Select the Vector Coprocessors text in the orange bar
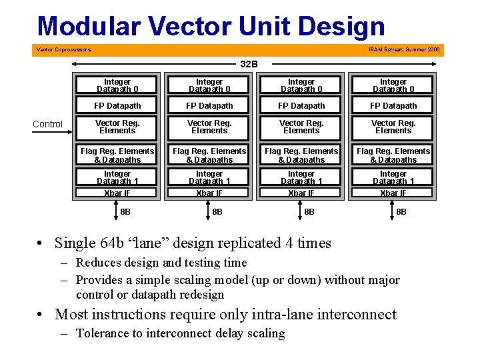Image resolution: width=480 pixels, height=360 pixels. [x=64, y=49]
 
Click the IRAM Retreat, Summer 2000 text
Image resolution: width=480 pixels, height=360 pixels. [x=404, y=49]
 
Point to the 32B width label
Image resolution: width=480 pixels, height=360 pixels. [x=249, y=64]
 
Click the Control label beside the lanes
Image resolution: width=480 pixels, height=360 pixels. [x=48, y=124]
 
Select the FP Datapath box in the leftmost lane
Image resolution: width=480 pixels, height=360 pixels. [x=117, y=106]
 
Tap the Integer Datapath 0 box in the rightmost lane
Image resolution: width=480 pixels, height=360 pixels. [x=393, y=85]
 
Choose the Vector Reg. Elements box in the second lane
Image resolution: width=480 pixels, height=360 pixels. [x=209, y=127]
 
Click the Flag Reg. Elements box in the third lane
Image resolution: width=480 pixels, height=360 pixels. [x=301, y=155]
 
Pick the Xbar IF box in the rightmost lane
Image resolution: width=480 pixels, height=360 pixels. [x=393, y=193]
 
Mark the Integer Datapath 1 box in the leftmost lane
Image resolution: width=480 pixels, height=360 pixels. [x=117, y=177]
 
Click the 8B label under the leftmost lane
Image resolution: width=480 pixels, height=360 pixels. [x=125, y=212]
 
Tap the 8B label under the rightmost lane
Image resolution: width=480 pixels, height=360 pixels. [x=401, y=212]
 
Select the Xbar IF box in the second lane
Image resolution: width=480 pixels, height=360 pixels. [x=209, y=193]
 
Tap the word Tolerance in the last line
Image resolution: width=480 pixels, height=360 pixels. [x=103, y=333]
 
